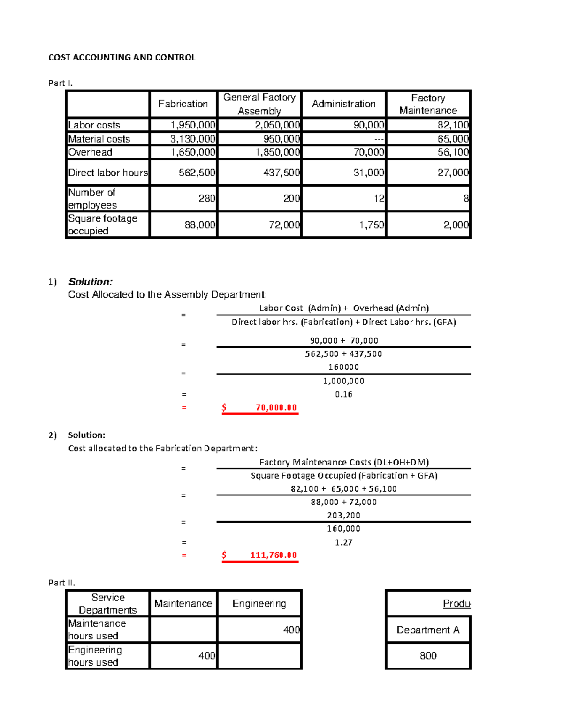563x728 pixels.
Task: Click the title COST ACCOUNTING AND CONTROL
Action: click(122, 57)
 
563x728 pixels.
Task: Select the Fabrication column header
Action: click(183, 104)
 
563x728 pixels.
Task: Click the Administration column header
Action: click(343, 104)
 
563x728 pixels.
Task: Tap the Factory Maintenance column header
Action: click(428, 104)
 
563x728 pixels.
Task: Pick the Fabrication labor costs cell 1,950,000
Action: click(192, 125)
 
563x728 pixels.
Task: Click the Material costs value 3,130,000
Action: click(192, 139)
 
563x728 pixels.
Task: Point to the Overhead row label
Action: click(91, 152)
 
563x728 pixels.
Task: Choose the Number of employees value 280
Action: click(206, 198)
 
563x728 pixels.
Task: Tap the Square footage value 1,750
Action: click(372, 225)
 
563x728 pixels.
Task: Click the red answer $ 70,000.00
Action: click(260, 407)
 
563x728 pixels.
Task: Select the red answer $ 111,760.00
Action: click(260, 555)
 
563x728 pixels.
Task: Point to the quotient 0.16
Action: click(343, 394)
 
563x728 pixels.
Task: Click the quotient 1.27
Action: click(343, 542)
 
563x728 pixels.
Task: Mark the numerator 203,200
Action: click(343, 515)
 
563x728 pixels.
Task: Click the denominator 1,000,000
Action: click(343, 381)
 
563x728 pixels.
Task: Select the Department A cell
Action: click(428, 630)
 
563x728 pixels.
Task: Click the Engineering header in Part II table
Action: click(259, 603)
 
